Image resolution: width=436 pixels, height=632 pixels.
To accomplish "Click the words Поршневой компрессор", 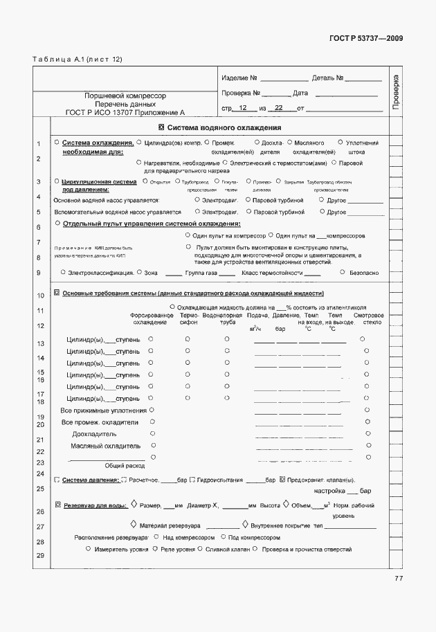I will pos(125,95).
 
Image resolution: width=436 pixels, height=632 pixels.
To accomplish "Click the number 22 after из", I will pos(278,109).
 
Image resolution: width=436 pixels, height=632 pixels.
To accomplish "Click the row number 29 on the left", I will pos(40,557).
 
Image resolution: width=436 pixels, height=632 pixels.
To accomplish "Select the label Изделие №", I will pos(239,78).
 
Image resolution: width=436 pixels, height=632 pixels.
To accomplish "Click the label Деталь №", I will pos(327,78).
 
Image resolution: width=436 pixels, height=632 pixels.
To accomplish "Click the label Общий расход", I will pos(124,466).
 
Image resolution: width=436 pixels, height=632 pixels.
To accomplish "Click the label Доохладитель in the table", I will pos(96,434).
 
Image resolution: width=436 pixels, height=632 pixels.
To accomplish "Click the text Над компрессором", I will pos(186,536).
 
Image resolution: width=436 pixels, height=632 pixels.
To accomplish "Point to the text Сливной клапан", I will pos(225,549).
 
